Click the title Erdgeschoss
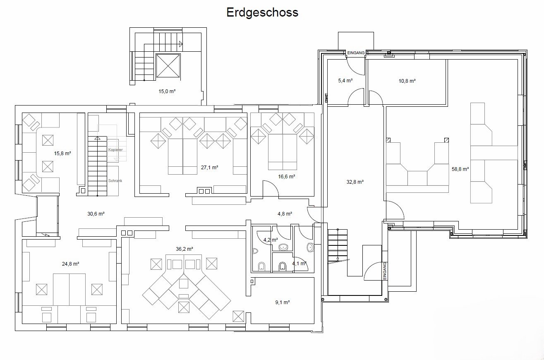click(x=262, y=12)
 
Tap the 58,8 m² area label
click(x=460, y=169)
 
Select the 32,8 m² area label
click(x=355, y=182)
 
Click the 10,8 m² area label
click(x=407, y=81)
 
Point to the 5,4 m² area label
click(x=345, y=81)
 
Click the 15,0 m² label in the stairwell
click(x=167, y=91)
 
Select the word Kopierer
click(x=115, y=149)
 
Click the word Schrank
click(x=115, y=181)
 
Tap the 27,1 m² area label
click(x=209, y=168)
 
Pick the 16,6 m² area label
click(x=286, y=176)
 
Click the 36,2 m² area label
click(x=185, y=249)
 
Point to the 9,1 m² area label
click(x=282, y=302)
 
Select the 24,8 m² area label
click(x=70, y=264)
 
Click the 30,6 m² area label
click(x=96, y=214)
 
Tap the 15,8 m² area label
click(x=63, y=154)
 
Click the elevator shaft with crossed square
click(x=168, y=66)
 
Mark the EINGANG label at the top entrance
click(x=356, y=53)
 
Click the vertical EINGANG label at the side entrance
click(x=384, y=271)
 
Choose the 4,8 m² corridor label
click(x=285, y=214)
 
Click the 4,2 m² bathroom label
click(x=270, y=240)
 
